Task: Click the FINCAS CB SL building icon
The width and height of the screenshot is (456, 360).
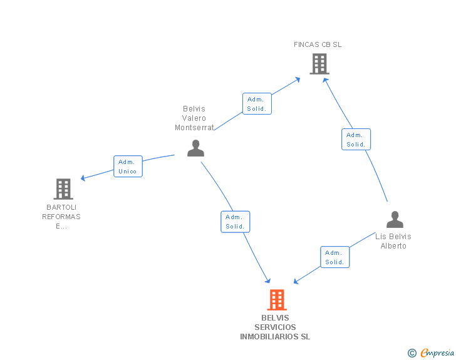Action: tap(319, 63)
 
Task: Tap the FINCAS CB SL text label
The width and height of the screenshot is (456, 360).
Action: tap(318, 44)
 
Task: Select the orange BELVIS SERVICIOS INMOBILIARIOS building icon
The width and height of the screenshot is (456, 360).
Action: tap(276, 300)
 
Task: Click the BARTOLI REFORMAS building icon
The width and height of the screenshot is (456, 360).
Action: tap(63, 188)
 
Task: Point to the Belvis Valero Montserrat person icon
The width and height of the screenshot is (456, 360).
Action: tap(196, 148)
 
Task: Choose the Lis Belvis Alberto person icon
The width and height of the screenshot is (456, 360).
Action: tap(395, 220)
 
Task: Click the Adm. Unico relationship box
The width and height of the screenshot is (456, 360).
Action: tap(128, 167)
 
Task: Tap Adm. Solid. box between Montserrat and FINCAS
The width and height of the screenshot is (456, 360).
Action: tap(257, 104)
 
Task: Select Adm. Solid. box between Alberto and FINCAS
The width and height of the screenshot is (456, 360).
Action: tap(356, 140)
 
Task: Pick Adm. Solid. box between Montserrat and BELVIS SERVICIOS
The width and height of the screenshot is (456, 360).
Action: tap(235, 222)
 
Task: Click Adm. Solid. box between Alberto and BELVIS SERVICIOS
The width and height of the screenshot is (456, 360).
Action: tap(334, 257)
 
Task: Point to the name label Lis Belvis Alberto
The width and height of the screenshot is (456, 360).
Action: tap(393, 241)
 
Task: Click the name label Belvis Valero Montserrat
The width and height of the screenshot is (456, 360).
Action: tap(194, 118)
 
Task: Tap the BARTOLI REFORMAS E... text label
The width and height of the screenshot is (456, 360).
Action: tap(61, 217)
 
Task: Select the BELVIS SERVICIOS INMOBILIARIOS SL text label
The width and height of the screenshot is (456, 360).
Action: tap(275, 327)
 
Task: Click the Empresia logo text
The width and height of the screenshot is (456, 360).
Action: tap(437, 353)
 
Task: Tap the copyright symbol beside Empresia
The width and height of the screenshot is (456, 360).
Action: tap(412, 354)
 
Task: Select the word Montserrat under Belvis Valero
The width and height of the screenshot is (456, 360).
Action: tap(194, 128)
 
